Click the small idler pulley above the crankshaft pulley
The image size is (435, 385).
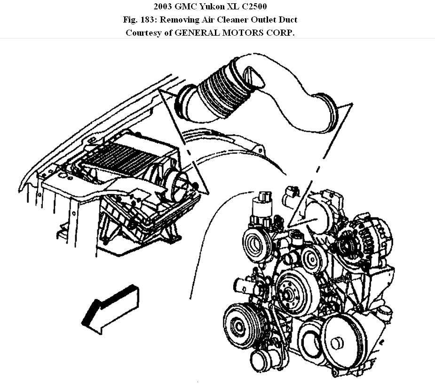point(310,258)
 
